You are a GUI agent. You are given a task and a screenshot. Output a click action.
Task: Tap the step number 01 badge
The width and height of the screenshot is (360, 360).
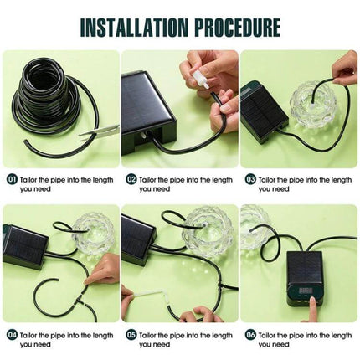(x=12, y=179)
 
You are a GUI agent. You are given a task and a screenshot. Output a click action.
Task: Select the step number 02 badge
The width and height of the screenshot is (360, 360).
(x=131, y=179)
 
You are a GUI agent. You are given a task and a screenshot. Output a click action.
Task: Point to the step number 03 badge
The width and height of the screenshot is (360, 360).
(x=250, y=179)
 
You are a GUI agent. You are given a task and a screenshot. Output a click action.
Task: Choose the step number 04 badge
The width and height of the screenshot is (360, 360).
(x=12, y=335)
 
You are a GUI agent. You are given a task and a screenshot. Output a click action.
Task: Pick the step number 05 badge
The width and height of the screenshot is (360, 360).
(x=131, y=335)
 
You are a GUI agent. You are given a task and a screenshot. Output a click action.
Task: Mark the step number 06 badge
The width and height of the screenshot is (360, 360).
(x=250, y=335)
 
